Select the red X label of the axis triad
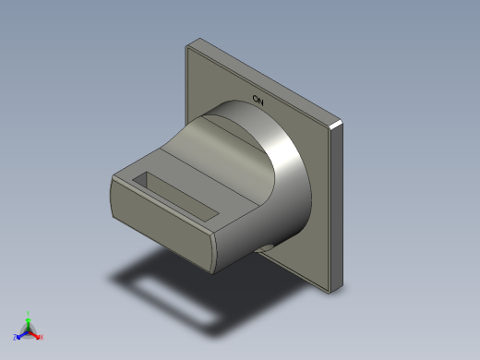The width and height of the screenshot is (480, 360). pyautogui.click(x=42, y=337)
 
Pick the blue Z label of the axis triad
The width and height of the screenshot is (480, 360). pyautogui.click(x=16, y=337)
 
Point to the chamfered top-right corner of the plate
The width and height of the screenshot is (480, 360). pyautogui.click(x=337, y=122)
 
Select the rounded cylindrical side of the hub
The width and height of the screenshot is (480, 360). pyautogui.click(x=291, y=185)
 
